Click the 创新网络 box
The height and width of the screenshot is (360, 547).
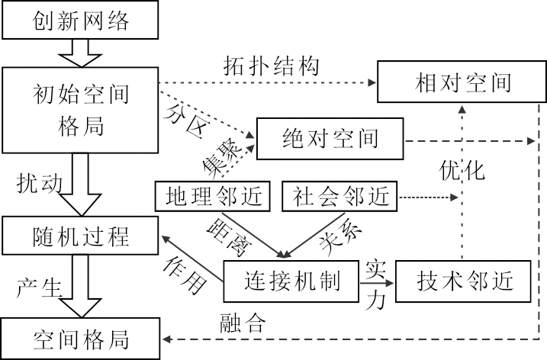click(81, 20)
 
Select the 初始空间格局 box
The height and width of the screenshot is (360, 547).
click(81, 110)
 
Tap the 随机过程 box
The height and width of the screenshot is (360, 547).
click(81, 236)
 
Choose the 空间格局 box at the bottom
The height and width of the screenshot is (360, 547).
click(81, 339)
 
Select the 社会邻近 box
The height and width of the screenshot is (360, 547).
click(339, 197)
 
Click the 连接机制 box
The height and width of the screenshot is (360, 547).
click(291, 281)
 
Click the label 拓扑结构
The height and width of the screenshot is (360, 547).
click(265, 65)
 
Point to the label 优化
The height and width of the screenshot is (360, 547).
click(462, 170)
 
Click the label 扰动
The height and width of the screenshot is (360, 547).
click(35, 183)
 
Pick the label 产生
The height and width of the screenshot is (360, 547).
click(35, 288)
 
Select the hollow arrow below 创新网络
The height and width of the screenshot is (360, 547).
click(81, 53)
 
